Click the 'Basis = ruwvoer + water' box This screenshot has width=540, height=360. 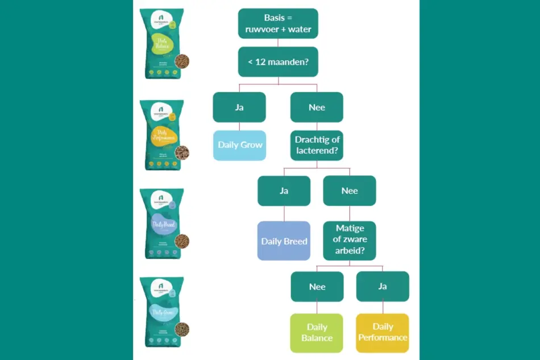pos(278,23)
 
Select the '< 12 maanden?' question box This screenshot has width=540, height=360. pos(278,61)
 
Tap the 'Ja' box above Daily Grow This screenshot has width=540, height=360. pos(239,107)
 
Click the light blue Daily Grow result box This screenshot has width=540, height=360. pos(240,145)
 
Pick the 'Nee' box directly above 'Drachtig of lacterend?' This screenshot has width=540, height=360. pos(317,107)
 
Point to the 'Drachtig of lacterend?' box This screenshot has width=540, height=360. pos(317,145)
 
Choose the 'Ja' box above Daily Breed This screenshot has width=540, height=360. pos(284,191)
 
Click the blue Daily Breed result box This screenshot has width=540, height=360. pos(284,241)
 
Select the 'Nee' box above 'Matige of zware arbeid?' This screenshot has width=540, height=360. pos(350,191)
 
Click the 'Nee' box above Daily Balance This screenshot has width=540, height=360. pos(317,286)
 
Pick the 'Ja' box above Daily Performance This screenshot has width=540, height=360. pos(383,286)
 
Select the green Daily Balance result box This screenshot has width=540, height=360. pos(317,332)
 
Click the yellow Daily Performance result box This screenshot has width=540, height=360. pos(383,332)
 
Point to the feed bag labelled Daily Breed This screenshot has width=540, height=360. pos(161,224)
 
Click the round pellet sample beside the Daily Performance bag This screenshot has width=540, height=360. pos(182,152)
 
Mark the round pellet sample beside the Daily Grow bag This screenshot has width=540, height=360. pos(182,329)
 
